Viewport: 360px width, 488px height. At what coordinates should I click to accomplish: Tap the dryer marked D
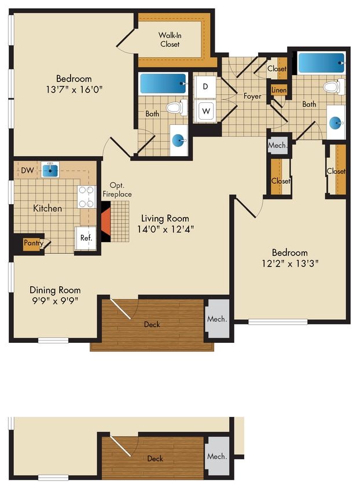pyautogui.click(x=205, y=86)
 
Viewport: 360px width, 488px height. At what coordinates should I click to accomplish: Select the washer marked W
pyautogui.click(x=205, y=109)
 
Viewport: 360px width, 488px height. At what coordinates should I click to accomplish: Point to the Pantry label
pyautogui.click(x=33, y=244)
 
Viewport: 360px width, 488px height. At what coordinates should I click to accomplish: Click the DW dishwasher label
pyautogui.click(x=27, y=170)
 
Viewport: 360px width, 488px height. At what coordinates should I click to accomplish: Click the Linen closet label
pyautogui.click(x=279, y=91)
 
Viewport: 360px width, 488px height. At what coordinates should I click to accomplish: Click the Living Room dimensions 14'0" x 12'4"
pyautogui.click(x=166, y=228)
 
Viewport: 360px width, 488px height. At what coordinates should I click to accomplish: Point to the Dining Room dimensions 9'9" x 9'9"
pyautogui.click(x=55, y=300)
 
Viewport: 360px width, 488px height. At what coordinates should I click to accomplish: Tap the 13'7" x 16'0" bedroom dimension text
pyautogui.click(x=74, y=89)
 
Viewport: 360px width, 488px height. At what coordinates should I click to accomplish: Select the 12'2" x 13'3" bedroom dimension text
pyautogui.click(x=290, y=263)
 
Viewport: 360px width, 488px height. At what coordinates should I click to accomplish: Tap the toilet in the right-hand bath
pyautogui.click(x=332, y=87)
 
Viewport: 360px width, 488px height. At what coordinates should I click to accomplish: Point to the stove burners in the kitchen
pyautogui.click(x=87, y=197)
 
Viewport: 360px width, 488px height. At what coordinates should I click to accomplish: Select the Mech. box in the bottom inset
pyautogui.click(x=217, y=457)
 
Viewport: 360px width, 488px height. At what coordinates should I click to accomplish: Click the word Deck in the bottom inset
pyautogui.click(x=155, y=459)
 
